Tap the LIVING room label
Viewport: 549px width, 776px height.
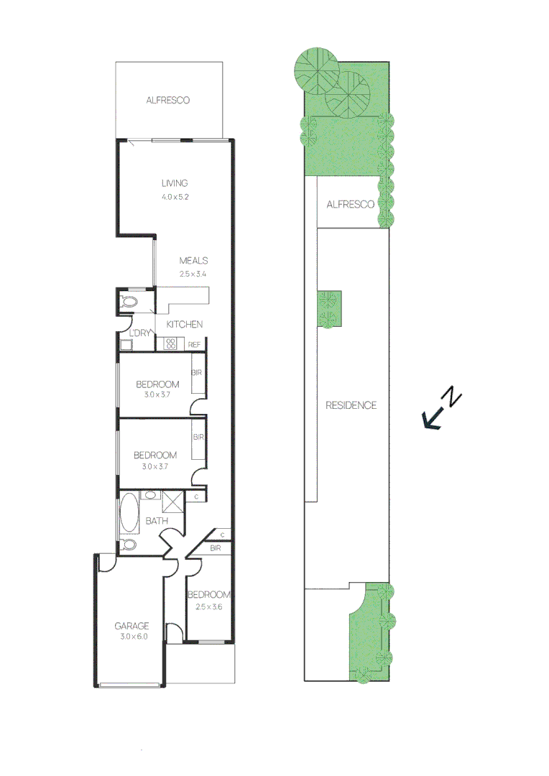(x=175, y=183)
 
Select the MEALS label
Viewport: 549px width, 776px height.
(x=193, y=261)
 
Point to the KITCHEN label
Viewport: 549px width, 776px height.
(x=185, y=325)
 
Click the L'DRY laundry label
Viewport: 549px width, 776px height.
(x=139, y=333)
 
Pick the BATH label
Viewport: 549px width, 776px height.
(x=157, y=521)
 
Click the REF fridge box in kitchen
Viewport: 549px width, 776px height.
(x=194, y=345)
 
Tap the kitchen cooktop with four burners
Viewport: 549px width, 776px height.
(x=171, y=344)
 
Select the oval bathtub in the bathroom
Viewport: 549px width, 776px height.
(x=130, y=512)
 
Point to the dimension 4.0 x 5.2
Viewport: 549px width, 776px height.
(x=175, y=196)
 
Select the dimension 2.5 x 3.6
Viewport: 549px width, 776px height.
(x=208, y=606)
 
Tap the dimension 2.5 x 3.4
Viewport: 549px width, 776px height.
(x=193, y=274)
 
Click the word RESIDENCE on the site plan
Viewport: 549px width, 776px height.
(x=351, y=405)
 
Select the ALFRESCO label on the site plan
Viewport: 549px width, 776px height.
(x=350, y=205)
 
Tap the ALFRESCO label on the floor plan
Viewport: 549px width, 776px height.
(x=167, y=101)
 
